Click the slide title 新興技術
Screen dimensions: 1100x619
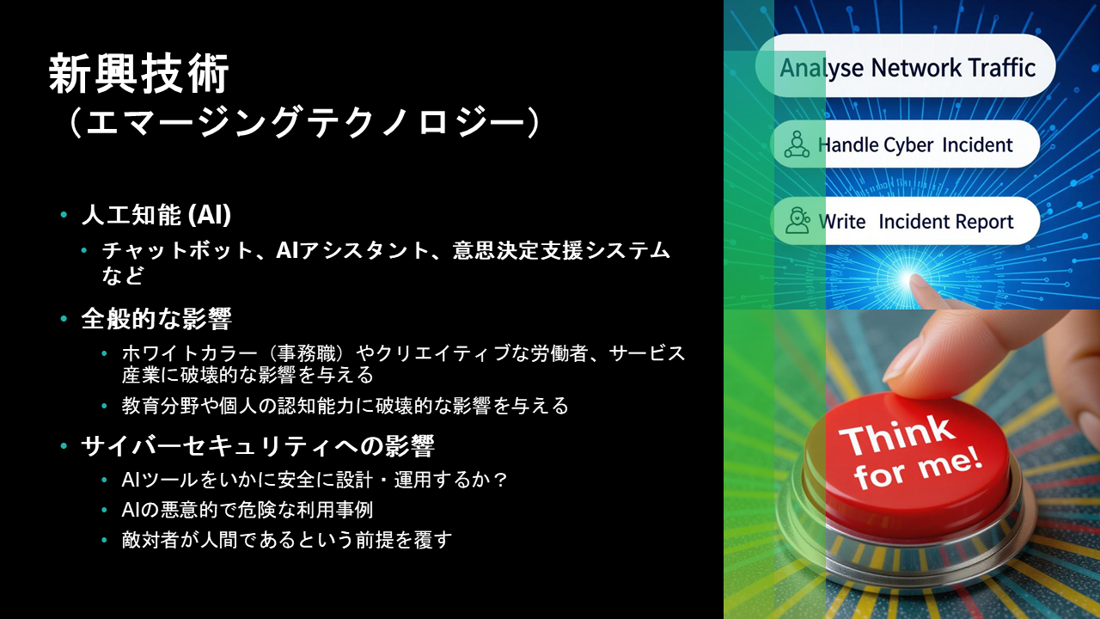tap(139, 74)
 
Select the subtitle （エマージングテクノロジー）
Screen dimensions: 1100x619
tap(305, 122)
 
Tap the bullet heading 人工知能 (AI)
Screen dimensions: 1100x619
tap(156, 215)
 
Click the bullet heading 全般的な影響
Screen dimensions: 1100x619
tap(156, 319)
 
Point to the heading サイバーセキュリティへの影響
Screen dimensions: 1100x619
tap(258, 446)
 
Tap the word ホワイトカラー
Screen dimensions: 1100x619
tap(190, 353)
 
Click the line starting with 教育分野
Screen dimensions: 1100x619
tap(345, 406)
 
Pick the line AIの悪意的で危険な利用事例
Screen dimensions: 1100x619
tap(247, 510)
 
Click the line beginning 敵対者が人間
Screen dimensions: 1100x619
tap(287, 540)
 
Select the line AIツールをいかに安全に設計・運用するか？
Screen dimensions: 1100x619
tap(314, 480)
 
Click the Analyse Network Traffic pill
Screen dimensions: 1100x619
tap(905, 66)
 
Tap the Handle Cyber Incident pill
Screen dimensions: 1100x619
tap(905, 144)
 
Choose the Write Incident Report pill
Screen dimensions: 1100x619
tap(905, 221)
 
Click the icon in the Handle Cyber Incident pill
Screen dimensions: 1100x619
tap(797, 144)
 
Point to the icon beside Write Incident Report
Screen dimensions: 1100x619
tap(797, 221)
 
